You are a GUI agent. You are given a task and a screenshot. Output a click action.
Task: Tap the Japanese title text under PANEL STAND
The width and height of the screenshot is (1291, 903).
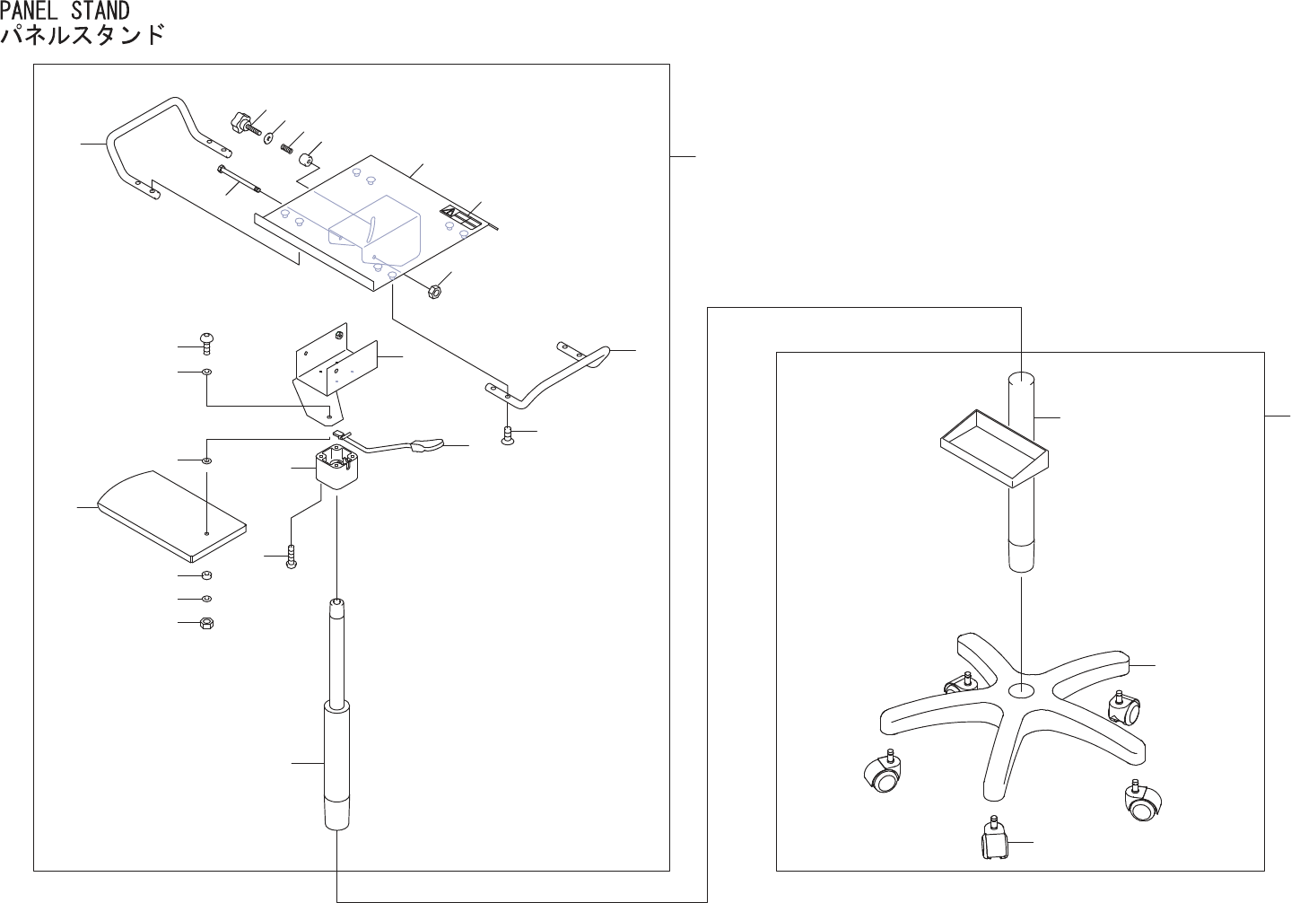pyautogui.click(x=83, y=36)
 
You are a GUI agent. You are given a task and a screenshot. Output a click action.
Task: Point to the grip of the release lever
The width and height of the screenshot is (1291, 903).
pyautogui.click(x=427, y=445)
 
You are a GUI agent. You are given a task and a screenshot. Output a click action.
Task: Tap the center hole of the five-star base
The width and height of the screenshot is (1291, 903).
pyautogui.click(x=1021, y=690)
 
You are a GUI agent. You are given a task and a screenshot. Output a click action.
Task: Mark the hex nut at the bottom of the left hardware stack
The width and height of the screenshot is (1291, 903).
pyautogui.click(x=206, y=622)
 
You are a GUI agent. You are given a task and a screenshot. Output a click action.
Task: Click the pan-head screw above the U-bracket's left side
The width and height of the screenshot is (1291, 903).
pyautogui.click(x=208, y=344)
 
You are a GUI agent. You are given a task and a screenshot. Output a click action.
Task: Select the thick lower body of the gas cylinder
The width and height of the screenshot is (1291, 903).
pyautogui.click(x=336, y=763)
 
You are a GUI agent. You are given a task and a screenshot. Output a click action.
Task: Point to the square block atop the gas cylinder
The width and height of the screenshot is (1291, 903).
pyautogui.click(x=336, y=469)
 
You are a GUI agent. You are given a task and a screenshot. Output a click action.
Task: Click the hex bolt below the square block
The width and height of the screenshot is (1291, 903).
pyautogui.click(x=291, y=558)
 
